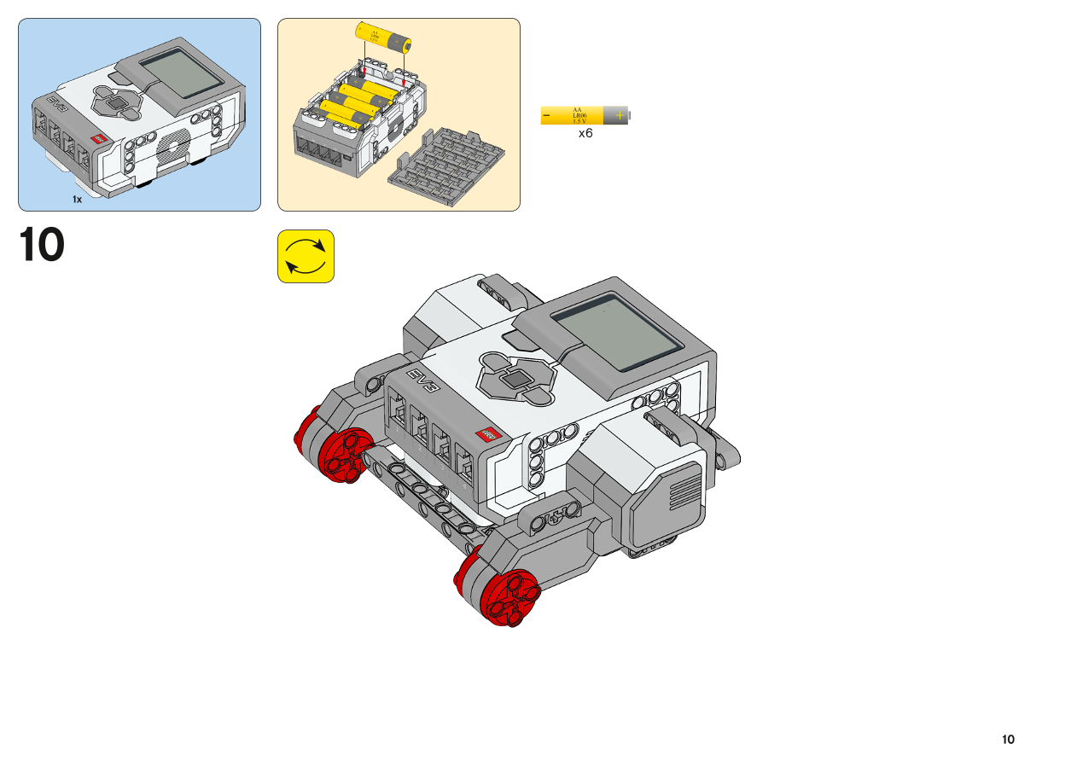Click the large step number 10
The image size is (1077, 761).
point(42,245)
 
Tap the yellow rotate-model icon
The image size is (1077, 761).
point(306,256)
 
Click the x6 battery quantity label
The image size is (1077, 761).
point(585,134)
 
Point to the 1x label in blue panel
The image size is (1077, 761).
point(77,199)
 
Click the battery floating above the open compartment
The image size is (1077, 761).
point(384,37)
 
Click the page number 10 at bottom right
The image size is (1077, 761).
point(1009,739)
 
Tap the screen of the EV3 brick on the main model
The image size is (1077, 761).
point(616,333)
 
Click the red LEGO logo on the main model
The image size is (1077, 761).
point(488,434)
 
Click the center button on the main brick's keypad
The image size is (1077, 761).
point(515,379)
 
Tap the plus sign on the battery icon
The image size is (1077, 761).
point(619,115)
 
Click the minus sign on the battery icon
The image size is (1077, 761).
point(546,115)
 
